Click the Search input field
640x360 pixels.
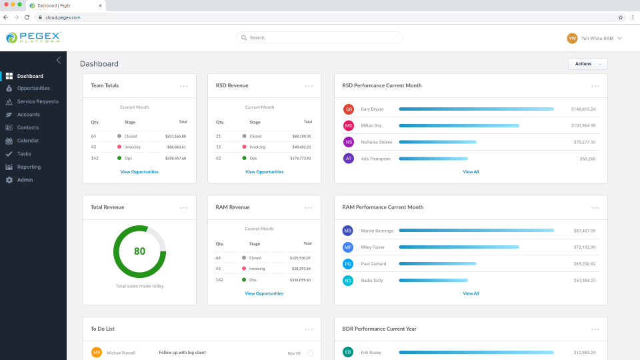320,38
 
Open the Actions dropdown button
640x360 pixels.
587,64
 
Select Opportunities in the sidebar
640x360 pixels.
33,89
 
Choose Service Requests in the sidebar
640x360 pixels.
37,101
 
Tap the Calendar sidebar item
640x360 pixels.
27,141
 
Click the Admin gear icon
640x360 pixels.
9,180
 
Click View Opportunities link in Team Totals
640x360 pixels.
139,172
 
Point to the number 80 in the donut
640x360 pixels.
139,251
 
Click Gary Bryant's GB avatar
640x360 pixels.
348,109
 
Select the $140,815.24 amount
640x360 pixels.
583,109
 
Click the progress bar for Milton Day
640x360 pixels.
459,125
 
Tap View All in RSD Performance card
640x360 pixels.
471,172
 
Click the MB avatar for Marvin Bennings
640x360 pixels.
348,231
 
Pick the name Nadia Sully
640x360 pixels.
372,281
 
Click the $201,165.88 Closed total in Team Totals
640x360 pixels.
175,136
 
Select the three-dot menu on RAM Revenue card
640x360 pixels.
309,207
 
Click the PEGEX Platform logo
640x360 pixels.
33,38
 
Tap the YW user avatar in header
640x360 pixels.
572,39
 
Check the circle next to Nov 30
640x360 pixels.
310,353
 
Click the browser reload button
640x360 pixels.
27,17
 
